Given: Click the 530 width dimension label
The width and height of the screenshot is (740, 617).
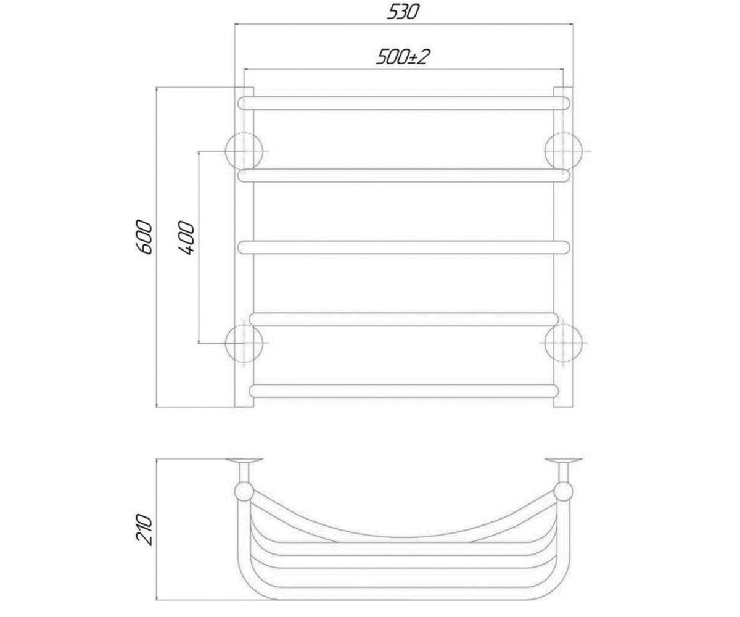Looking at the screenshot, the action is pos(403,12).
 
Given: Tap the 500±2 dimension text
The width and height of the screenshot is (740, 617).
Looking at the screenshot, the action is pos(403,57).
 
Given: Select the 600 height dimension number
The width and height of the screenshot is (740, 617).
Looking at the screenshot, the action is pos(145,237).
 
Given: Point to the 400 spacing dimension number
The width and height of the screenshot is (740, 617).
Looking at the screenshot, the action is pos(187,238).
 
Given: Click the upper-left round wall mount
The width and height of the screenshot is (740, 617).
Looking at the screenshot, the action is pos(244,151).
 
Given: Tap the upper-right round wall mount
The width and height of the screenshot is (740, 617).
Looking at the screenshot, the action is pos(563,151).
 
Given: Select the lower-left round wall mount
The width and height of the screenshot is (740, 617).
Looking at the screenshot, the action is pos(244,343).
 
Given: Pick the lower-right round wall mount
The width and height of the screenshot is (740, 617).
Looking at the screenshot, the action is pos(563,343).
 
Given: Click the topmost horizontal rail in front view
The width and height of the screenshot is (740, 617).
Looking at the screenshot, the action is pos(404,103).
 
